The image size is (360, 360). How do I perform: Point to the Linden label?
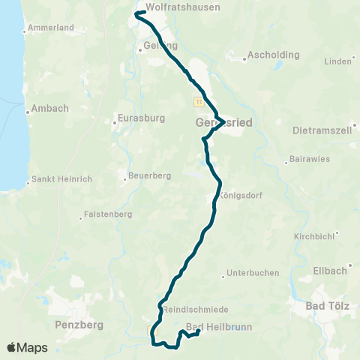coord(338,61)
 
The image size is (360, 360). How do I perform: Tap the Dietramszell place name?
coord(323,130)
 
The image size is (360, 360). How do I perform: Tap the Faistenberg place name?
coord(105,217)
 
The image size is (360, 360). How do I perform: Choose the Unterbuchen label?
coord(252,272)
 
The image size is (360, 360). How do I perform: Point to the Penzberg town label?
coord(79,325)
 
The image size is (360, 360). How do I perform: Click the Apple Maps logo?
coord(27,347)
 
